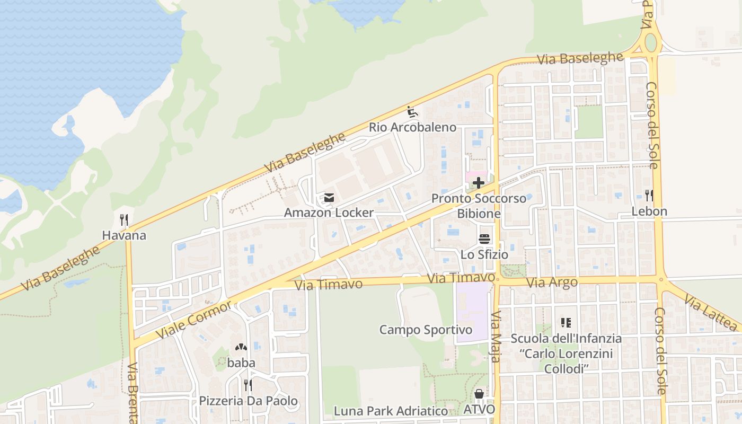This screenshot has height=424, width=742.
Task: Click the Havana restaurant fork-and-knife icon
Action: pos(124,219)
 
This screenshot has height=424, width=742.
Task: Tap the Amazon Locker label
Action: pos(329,213)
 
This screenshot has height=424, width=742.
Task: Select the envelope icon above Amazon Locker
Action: pos(329,198)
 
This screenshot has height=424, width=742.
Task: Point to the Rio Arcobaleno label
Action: pos(412,127)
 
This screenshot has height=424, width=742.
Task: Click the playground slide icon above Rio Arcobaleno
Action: pos(412,112)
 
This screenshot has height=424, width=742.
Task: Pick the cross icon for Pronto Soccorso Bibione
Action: pos(478,183)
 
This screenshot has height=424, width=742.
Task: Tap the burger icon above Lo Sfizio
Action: pos(484,239)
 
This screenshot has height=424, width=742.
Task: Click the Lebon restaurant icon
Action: pos(649,196)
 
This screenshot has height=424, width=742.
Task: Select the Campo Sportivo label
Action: pos(426,330)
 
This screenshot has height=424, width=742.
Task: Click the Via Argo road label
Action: pos(552,283)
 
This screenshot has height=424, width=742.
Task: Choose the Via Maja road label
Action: pos(496,337)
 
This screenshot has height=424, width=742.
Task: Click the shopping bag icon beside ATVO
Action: pos(479,394)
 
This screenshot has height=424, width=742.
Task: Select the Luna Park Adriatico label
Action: pos(391,411)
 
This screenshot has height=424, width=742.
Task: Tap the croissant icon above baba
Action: pos(241,348)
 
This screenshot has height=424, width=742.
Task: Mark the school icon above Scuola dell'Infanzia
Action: pos(566,323)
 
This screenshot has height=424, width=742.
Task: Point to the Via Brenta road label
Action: pos(133,392)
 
